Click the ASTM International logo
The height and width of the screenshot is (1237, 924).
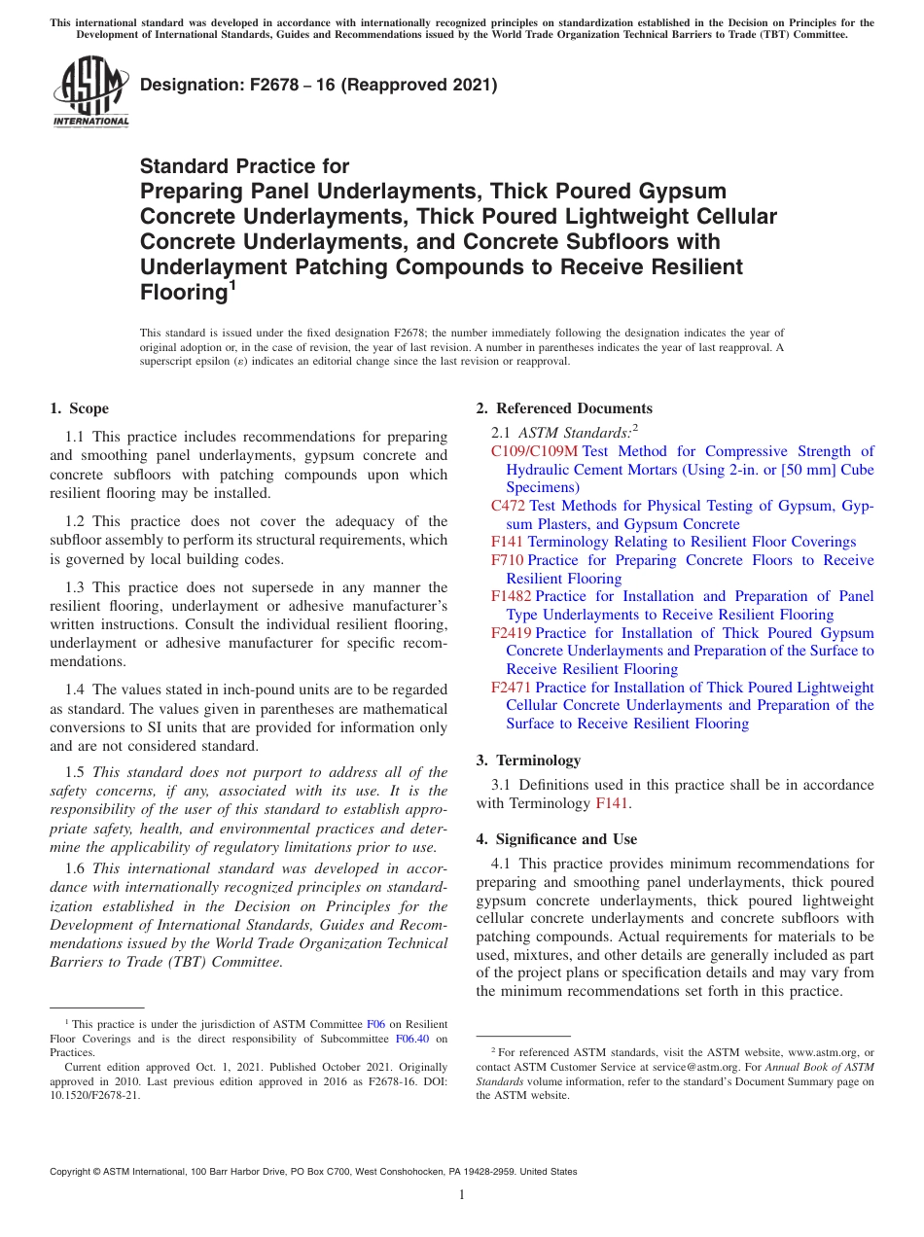click(x=90, y=93)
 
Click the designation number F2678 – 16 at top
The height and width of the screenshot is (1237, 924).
click(x=318, y=85)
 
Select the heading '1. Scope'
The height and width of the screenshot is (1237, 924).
click(x=79, y=408)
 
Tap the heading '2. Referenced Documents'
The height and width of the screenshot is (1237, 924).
click(x=564, y=408)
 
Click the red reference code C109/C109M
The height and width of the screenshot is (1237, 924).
click(x=534, y=451)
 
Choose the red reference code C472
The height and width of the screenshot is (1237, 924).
click(x=508, y=506)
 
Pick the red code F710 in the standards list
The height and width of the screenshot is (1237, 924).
click(x=507, y=560)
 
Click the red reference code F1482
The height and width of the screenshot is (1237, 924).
click(x=511, y=596)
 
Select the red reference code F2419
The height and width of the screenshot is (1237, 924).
click(x=511, y=633)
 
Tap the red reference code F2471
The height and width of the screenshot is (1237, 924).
click(x=511, y=688)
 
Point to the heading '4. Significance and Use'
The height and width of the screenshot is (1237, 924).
click(x=556, y=839)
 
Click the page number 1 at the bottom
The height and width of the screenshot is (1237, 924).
click(x=462, y=1195)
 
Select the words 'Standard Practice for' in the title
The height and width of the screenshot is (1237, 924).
click(x=244, y=166)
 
